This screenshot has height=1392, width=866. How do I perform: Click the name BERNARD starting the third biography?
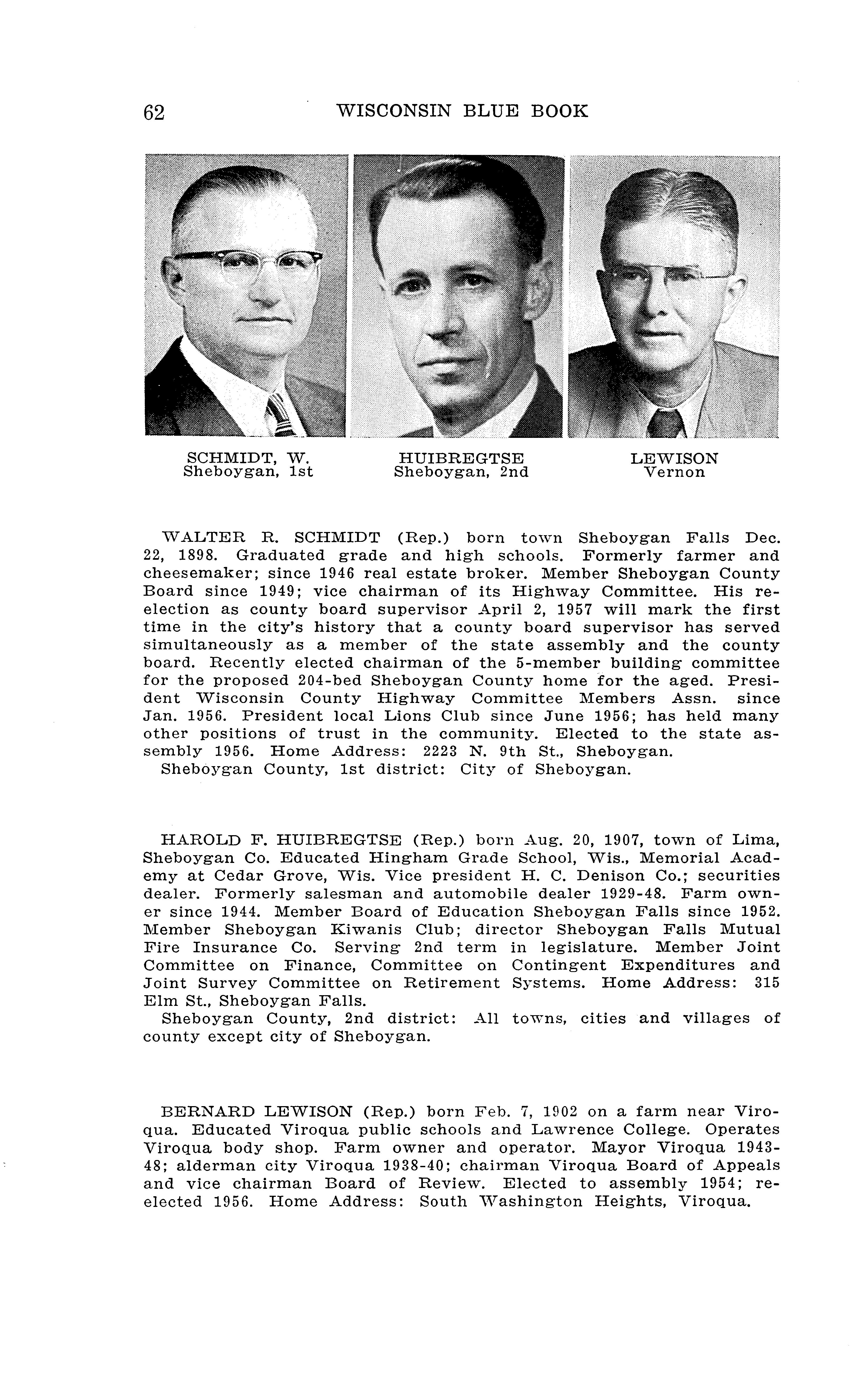207,1112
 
